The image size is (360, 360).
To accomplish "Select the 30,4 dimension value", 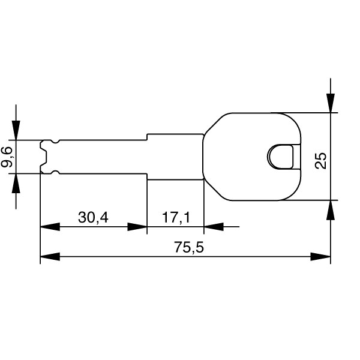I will [x=93, y=217].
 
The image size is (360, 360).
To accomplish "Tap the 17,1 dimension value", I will [x=176, y=217].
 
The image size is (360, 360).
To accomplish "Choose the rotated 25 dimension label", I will [x=322, y=160].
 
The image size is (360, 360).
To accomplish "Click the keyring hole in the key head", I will [x=282, y=156].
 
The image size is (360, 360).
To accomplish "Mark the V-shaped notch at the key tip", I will [x=44, y=157].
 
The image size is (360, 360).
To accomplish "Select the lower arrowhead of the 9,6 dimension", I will [x=16, y=183].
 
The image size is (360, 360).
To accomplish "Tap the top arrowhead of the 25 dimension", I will [x=331, y=103].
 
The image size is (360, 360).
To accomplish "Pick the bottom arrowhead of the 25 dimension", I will [x=331, y=209].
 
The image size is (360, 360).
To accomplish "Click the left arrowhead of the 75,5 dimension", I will [x=50, y=257].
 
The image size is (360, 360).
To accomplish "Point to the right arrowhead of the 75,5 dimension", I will [x=320, y=257].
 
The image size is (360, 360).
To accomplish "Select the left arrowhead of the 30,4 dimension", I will [x=50, y=227].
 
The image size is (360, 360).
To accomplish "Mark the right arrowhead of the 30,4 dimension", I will [x=137, y=227].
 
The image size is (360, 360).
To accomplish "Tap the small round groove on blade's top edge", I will [x=55, y=142].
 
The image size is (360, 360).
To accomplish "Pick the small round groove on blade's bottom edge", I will [x=55, y=172].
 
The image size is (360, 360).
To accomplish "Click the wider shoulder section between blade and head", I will [x=175, y=157].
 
